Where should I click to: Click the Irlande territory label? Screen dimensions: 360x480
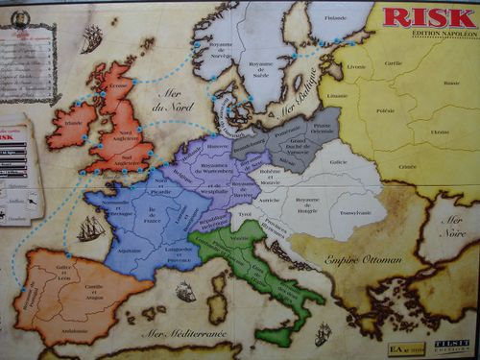tap(72, 123)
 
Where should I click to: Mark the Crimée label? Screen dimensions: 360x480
tap(407, 165)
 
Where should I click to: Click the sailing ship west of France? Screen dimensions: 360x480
tap(89, 228)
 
